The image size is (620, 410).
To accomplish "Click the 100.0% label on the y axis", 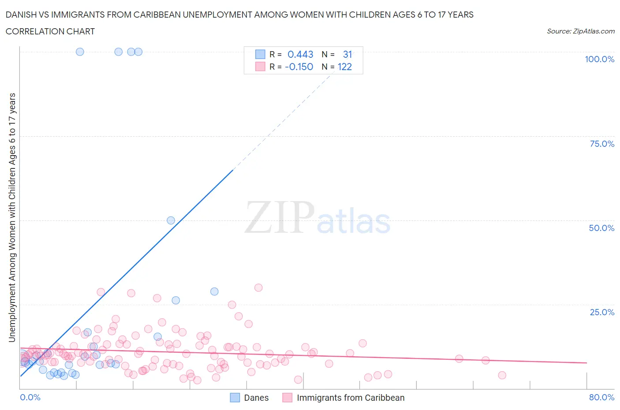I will pos(599,59).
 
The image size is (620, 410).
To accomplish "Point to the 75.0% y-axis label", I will pos(602,144).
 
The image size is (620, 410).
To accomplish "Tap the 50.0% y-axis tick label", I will pos(601,228).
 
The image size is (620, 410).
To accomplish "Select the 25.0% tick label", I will pos(602,312).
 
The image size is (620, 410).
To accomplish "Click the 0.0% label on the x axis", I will pos(30,397).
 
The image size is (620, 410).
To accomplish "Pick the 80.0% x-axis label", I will pos(601,397).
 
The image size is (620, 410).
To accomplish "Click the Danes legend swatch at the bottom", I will pos(235,398).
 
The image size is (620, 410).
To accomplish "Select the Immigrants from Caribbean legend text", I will pos(351,398).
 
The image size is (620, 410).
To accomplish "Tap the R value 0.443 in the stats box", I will pos(300,54).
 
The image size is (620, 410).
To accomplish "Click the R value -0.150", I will pos(299,67).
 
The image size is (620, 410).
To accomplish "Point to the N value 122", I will pos(345,67).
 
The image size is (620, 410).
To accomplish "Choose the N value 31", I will pos(347,54).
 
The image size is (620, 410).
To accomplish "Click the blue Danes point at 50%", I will pos(171,220).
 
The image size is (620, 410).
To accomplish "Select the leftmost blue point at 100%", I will pos(80,52).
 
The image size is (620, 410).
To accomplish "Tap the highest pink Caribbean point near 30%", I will pos(258,287).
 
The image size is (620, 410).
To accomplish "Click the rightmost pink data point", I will pos(502,375).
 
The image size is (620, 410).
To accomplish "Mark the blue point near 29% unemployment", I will pos(214,291).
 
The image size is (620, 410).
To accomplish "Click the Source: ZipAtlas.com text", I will pos(580,31).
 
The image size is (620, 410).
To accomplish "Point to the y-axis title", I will pos(12,217).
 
